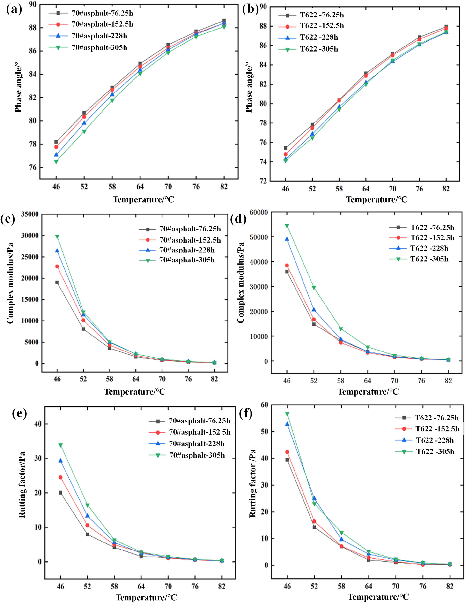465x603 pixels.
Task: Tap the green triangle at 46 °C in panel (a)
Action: pos(56,162)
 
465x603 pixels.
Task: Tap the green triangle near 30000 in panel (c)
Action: pos(57,237)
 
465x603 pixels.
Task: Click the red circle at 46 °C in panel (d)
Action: pos(287,265)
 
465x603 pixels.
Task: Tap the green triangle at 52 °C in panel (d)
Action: pos(314,287)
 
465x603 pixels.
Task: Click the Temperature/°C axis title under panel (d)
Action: pos(368,392)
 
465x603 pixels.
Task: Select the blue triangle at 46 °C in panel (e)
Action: pos(60,461)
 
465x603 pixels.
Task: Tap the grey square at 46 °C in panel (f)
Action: pos(287,460)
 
